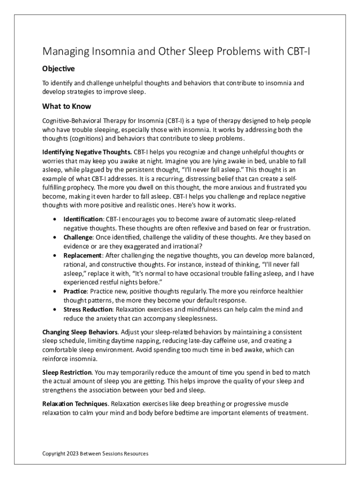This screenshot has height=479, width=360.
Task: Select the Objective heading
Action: (58, 69)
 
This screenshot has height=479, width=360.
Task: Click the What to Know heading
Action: (66, 106)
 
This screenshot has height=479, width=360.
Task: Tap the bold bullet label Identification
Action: (83, 219)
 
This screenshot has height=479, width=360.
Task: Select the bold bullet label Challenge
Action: (78, 237)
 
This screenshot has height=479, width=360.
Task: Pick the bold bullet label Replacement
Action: (82, 255)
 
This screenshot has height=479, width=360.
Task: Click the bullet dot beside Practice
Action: (56, 291)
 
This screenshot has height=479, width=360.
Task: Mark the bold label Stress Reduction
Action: (88, 309)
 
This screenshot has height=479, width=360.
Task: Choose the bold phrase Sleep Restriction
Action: (67, 372)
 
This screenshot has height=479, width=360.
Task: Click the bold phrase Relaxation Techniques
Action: (75, 404)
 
